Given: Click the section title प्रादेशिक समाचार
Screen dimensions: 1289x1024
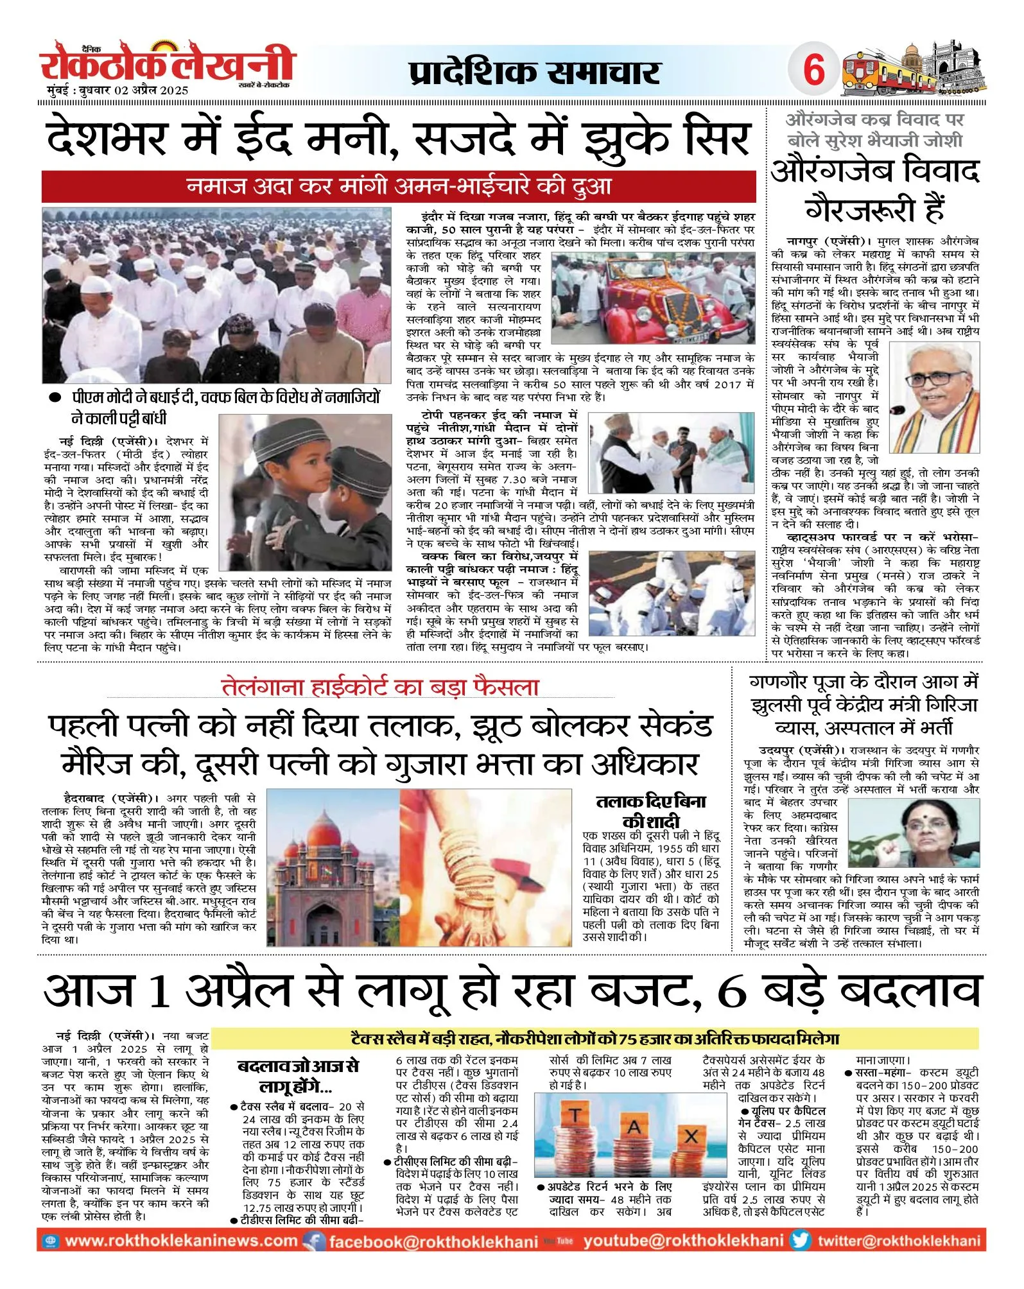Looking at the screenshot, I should coord(535,72).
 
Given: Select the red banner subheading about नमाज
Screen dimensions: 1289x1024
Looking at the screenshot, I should coord(399,187).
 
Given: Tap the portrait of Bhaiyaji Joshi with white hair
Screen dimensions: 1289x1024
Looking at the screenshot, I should coord(933,388).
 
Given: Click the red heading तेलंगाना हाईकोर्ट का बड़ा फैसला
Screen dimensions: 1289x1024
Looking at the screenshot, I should coord(380,687).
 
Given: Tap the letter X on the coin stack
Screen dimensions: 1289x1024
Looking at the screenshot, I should coord(691,1136).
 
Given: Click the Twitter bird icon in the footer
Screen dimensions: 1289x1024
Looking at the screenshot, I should coord(800,1240).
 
